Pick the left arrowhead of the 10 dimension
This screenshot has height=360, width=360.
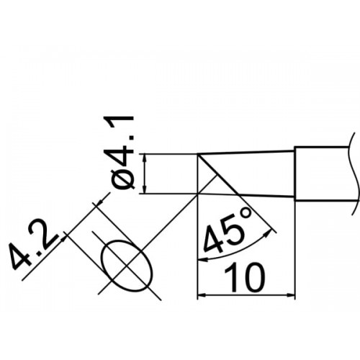[x=202, y=294]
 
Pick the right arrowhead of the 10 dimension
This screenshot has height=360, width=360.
[x=289, y=294]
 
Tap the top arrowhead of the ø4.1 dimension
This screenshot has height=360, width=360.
[x=144, y=158]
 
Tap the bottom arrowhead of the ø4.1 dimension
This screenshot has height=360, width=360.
[x=144, y=189]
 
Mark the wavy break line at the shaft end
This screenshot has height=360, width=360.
[x=355, y=174]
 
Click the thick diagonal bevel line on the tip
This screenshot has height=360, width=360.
[x=218, y=174]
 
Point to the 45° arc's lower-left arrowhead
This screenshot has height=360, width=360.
[x=203, y=259]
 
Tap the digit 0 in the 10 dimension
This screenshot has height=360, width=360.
[x=253, y=277]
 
